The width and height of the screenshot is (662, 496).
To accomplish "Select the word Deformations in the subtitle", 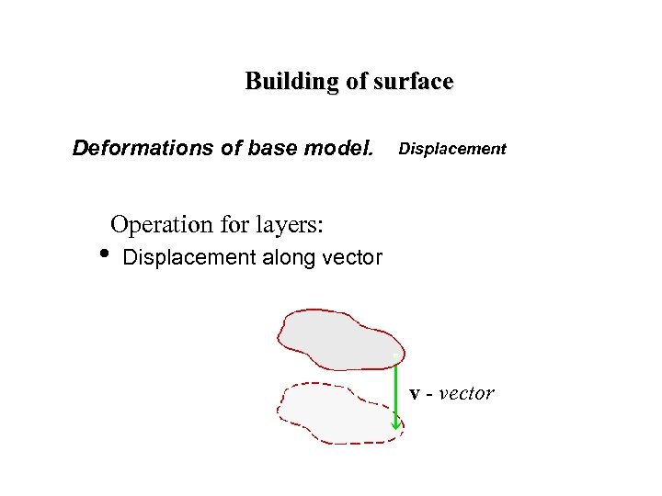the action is point(144,148).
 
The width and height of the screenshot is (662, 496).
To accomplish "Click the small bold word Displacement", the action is point(452,149).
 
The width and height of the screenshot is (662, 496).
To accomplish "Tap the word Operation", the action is point(161,224).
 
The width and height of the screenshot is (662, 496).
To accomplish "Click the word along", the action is point(290,258).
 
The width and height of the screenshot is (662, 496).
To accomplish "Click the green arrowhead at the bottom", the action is point(396,423).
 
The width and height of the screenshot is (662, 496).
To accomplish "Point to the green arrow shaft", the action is point(395,390).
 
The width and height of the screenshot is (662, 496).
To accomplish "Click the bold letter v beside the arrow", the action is point(416,394).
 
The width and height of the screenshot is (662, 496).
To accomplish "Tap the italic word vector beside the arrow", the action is point(466,394).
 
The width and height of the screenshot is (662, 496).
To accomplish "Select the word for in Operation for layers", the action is point(234,224).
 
